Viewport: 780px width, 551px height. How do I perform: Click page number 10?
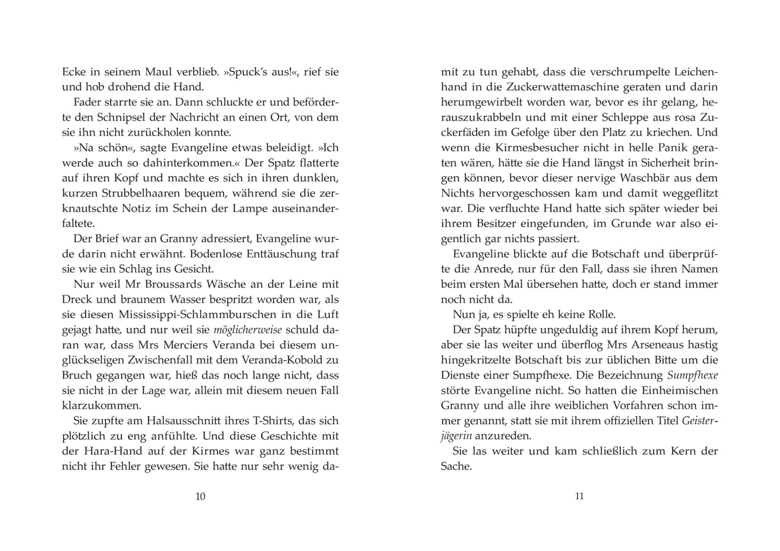(200, 496)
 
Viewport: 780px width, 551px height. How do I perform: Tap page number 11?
(579, 496)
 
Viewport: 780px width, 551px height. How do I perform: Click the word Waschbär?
(657, 178)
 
